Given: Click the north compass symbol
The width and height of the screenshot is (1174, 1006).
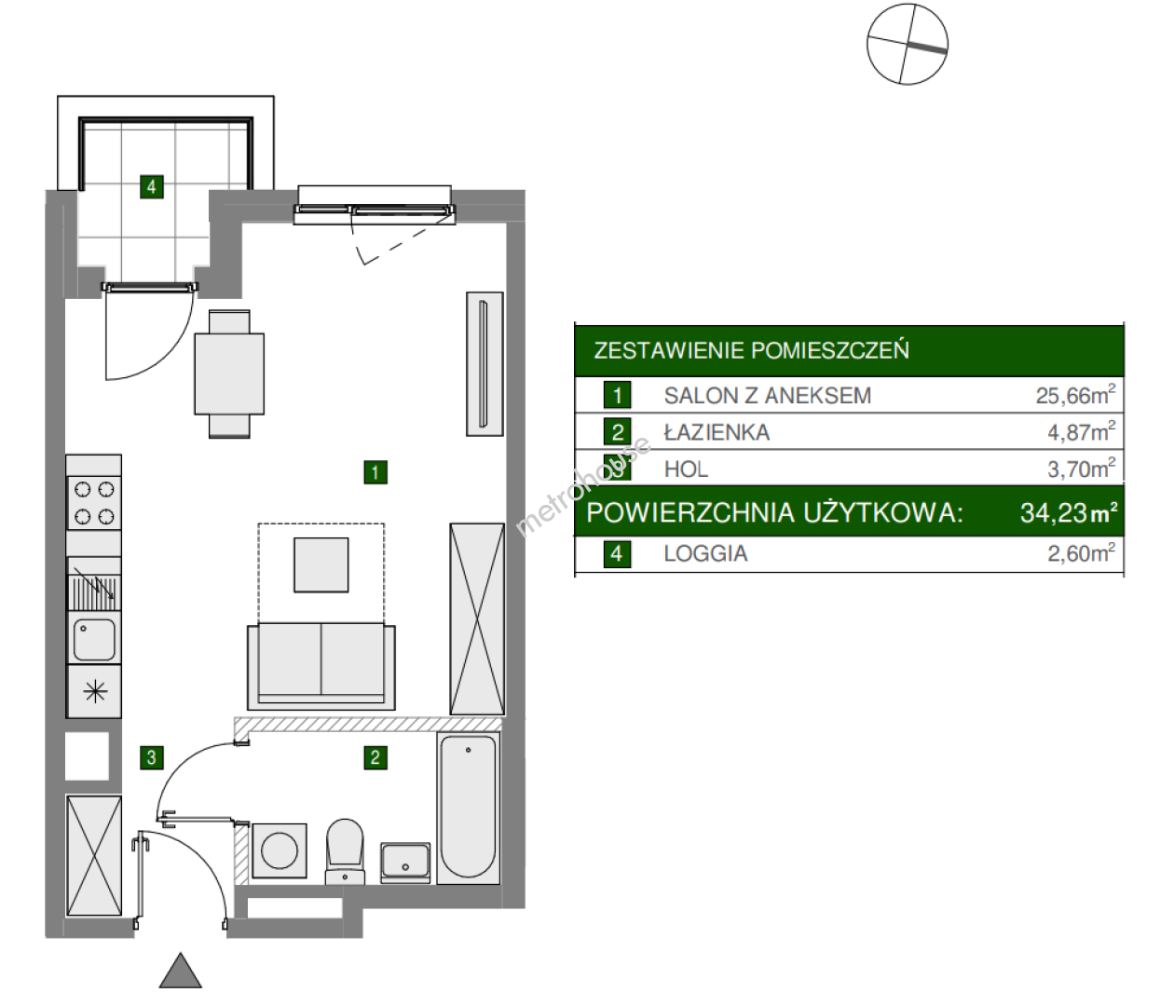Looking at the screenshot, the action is point(907,44).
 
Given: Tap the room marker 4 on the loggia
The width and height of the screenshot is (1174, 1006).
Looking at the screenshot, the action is point(152,187).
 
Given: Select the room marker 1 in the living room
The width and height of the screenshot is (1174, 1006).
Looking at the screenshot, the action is point(375,472).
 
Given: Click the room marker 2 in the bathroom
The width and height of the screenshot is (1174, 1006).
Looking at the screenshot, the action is point(375,757).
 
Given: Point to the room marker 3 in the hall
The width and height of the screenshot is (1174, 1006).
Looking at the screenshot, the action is point(152,757).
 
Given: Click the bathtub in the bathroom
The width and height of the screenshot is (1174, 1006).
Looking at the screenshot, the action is point(469,808).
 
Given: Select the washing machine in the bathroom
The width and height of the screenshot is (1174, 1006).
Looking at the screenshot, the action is point(279,851).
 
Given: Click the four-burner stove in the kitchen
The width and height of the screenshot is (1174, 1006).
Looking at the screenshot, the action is point(94,503).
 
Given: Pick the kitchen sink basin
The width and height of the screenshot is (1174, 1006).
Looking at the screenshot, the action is point(94,639).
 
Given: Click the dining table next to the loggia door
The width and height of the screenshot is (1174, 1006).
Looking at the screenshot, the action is point(229,374).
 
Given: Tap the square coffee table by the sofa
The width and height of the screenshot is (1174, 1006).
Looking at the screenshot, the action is point(321,564).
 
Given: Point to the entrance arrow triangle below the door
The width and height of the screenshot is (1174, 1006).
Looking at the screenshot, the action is point(181,971).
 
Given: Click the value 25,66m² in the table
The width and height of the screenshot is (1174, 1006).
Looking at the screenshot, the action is point(1075,395).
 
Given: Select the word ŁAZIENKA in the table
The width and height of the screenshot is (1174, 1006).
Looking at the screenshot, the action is point(717,432).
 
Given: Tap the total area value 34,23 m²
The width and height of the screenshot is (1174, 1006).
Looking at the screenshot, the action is point(1069,512).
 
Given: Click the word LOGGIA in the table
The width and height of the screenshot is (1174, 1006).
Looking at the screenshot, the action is point(705,553).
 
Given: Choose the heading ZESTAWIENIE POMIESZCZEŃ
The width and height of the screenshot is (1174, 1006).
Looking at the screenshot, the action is point(751,350).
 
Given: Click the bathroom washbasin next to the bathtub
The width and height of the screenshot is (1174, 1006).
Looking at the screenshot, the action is point(405,863).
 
